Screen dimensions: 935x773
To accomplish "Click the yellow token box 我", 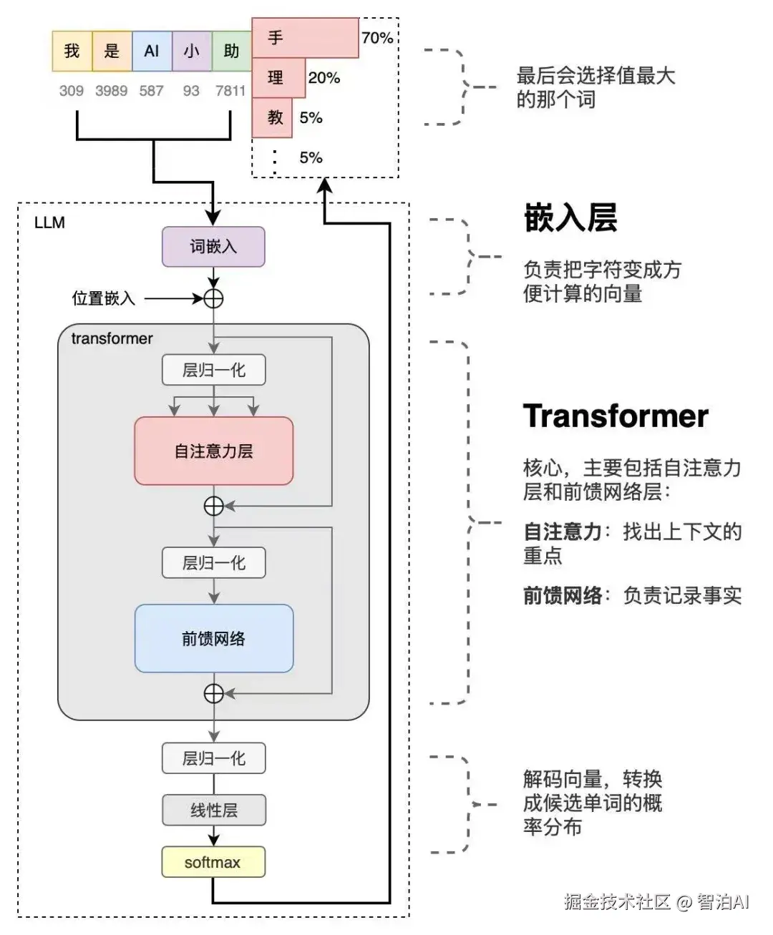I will (72, 51).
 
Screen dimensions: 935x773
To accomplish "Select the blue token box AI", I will (152, 51).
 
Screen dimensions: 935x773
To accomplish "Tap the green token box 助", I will (231, 51).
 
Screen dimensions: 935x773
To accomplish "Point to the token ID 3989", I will (111, 91).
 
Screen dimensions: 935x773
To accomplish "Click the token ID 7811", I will (230, 91).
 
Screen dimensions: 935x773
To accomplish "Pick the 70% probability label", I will (377, 38).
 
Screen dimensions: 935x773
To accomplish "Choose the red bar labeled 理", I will (278, 78).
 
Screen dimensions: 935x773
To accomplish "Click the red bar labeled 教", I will (272, 117).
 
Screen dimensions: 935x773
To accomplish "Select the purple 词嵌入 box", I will (213, 247).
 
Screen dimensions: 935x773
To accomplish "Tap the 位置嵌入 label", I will (103, 298).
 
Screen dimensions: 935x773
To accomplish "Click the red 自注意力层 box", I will (213, 451).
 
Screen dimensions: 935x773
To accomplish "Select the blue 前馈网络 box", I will (213, 638).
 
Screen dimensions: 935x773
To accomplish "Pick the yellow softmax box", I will (213, 862).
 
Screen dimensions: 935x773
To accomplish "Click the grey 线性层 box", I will (213, 810).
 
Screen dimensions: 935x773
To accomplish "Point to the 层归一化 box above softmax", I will (213, 758).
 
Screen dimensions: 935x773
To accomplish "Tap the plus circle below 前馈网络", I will (213, 693).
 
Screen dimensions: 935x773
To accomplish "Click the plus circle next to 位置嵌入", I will (213, 298).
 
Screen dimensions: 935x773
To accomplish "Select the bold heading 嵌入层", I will (570, 217).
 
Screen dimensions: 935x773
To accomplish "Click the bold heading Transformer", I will (616, 416).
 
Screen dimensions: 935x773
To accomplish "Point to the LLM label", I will (49, 222).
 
